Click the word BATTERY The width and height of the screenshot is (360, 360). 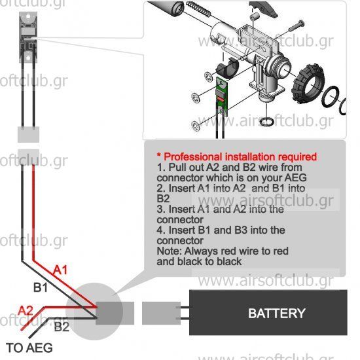coord(277,313)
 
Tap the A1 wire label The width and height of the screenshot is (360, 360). coord(60,270)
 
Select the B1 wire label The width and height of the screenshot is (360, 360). coord(41,287)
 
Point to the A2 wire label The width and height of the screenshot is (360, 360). coord(26,311)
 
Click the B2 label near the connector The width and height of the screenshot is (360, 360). coord(62,327)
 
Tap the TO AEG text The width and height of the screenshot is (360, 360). coord(29,348)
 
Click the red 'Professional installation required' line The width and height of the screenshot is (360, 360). coord(237,157)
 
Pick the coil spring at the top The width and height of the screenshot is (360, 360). coord(198,9)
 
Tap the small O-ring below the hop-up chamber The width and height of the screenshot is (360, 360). coord(266,122)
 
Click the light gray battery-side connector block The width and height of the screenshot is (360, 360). coord(161,313)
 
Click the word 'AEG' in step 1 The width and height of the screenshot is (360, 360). coord(296,177)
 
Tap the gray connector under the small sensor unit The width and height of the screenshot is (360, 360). coord(28,135)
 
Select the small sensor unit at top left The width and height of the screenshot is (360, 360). coord(28,37)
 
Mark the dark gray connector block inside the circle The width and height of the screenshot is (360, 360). coord(109,313)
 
